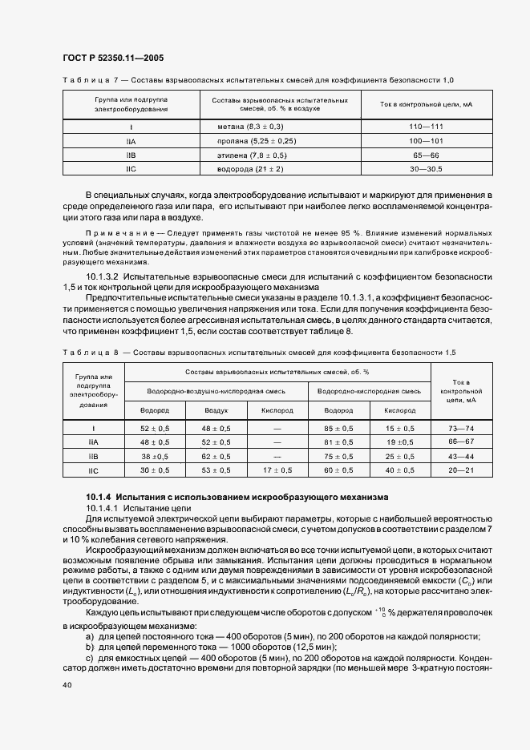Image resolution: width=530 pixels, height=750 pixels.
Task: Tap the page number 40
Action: (67, 683)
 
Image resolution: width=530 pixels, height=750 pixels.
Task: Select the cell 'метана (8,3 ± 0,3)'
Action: (250, 127)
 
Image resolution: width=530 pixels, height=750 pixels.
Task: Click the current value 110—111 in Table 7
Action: (426, 127)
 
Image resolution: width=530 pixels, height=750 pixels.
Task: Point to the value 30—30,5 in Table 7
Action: (426, 169)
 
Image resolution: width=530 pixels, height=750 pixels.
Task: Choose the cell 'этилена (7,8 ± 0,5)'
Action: (252, 155)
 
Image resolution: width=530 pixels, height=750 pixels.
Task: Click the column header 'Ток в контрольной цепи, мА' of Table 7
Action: (426, 104)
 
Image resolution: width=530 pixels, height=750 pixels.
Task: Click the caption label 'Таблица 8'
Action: (90, 353)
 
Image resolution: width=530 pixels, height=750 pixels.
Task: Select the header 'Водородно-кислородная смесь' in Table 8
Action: (369, 391)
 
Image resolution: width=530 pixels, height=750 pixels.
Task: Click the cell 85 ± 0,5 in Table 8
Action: (338, 429)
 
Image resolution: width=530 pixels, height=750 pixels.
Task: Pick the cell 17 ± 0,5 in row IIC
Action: (277, 470)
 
